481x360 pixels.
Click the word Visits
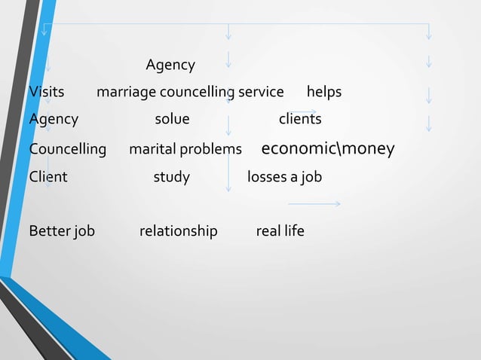(46, 92)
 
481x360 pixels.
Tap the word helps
(323, 92)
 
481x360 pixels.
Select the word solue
(172, 119)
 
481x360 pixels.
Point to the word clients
(300, 119)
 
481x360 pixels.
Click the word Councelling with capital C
(68, 149)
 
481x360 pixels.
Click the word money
(369, 148)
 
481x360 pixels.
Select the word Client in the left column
(48, 177)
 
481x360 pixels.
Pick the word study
(171, 177)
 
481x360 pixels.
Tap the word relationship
(178, 230)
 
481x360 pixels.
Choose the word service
(261, 92)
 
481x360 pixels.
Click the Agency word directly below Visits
(54, 119)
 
